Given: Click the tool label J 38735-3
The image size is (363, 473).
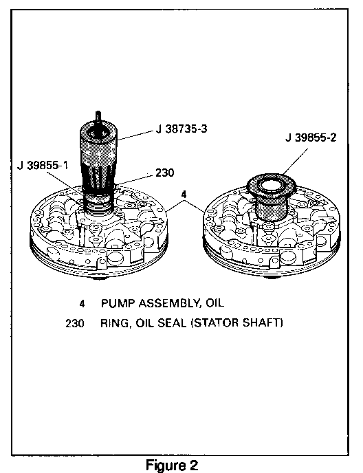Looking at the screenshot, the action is (181, 129).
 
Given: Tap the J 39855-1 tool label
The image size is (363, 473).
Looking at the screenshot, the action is (43, 165).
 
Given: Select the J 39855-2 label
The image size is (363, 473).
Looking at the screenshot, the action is (311, 138).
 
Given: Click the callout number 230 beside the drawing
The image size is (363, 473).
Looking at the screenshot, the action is (165, 173).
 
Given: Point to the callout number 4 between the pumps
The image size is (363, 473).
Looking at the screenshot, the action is (184, 195).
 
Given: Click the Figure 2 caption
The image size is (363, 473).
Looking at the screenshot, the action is (172, 465).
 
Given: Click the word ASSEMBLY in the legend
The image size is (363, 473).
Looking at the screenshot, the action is (170, 303).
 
